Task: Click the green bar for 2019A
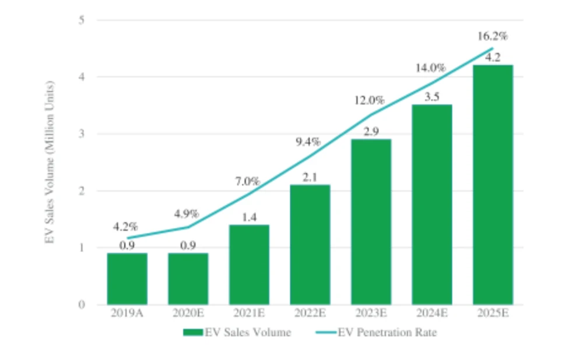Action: click(x=127, y=278)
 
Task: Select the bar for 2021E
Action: click(x=249, y=264)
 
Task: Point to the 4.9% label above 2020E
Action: click(x=188, y=213)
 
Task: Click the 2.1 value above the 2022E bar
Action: click(x=310, y=178)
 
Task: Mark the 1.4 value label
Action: click(x=249, y=218)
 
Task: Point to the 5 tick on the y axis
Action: click(x=82, y=20)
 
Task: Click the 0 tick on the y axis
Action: click(x=82, y=304)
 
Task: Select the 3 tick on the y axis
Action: click(x=82, y=134)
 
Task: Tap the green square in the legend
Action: click(x=192, y=333)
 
